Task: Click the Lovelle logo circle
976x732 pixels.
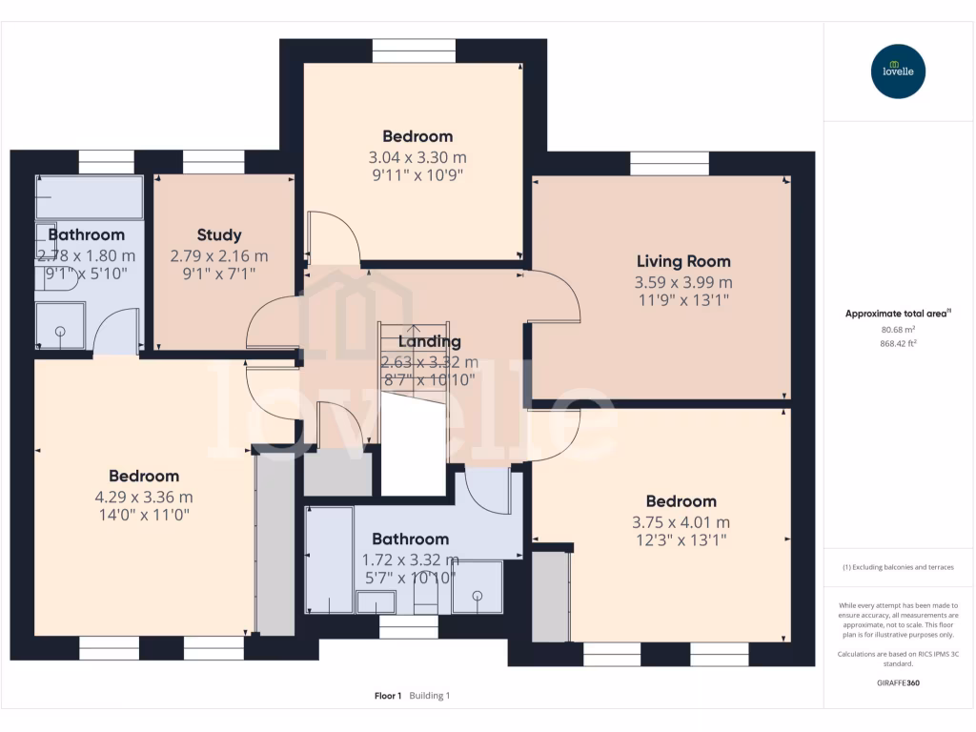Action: click(898, 71)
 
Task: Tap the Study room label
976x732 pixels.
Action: click(219, 234)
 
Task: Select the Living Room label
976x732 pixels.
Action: click(683, 261)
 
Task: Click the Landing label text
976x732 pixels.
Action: click(429, 341)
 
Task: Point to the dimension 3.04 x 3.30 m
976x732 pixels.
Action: click(417, 157)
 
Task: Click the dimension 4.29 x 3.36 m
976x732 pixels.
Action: click(143, 497)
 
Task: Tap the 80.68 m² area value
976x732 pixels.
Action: click(898, 329)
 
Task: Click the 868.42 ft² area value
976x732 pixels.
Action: click(898, 343)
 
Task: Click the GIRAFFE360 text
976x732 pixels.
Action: click(898, 682)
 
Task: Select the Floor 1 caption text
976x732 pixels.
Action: click(388, 696)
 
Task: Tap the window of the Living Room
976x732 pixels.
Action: click(669, 164)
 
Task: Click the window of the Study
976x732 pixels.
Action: click(213, 163)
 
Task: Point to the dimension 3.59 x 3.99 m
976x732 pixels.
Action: click(683, 282)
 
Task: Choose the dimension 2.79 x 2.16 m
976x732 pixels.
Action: click(219, 256)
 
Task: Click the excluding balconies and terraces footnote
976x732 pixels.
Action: click(898, 567)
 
